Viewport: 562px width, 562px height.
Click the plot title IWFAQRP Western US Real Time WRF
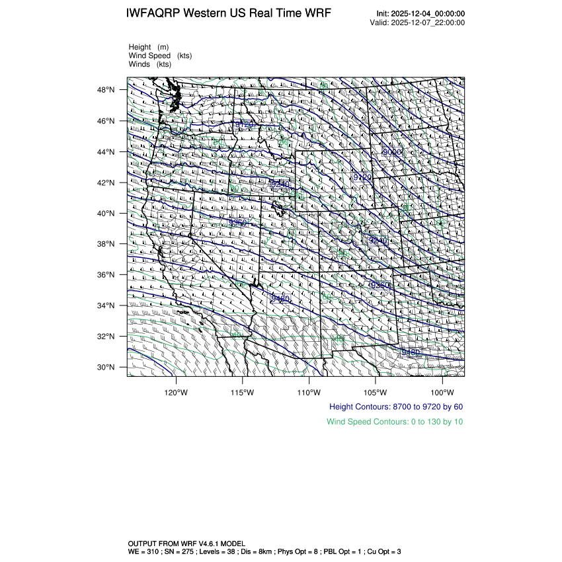[228, 13]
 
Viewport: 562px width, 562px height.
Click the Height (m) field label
[149, 47]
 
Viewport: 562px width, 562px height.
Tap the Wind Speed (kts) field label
[160, 56]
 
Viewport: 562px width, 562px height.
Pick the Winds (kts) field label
[150, 64]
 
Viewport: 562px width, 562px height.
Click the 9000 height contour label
[392, 152]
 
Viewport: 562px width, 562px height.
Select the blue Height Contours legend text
[396, 407]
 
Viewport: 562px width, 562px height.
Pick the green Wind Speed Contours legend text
[395, 421]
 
